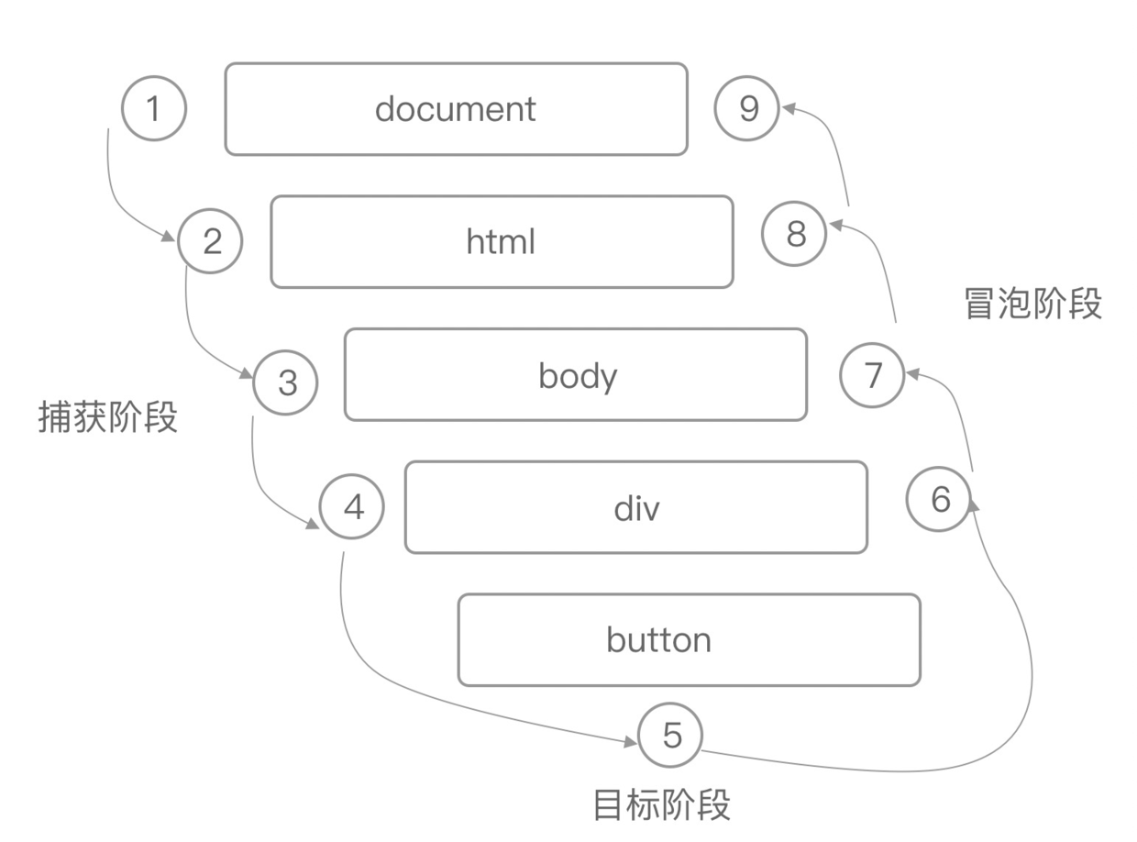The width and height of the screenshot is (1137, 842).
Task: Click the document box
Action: (456, 109)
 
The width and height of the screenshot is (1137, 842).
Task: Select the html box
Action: (502, 241)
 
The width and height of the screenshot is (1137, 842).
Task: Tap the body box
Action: (576, 375)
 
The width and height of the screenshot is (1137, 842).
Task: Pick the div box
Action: (635, 507)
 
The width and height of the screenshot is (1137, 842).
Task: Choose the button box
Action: (689, 639)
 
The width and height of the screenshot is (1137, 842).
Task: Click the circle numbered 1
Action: (154, 109)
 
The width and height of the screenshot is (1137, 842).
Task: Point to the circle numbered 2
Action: (211, 241)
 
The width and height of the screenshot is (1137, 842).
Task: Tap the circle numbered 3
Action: (286, 382)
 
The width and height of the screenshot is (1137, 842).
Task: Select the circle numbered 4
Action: (352, 506)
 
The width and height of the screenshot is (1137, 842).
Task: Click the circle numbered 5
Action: (671, 735)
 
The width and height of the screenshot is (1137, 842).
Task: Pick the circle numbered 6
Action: (939, 500)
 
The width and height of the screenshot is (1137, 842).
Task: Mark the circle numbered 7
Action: (872, 374)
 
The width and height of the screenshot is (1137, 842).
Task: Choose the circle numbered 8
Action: (795, 234)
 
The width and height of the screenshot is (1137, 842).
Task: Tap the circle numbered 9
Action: (747, 109)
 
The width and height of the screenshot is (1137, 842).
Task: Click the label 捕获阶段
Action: (107, 417)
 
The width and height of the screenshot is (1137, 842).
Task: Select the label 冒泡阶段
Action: (1032, 304)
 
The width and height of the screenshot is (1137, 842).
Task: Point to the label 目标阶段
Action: (661, 804)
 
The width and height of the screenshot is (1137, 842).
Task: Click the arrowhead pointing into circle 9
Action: (787, 108)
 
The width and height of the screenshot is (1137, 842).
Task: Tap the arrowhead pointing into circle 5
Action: (631, 741)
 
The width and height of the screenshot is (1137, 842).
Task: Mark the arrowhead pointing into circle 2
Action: (169, 238)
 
